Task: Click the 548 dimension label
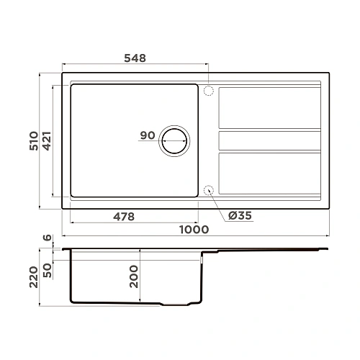tap(135, 58)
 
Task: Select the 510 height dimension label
tap(34, 141)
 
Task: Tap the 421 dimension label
tap(47, 141)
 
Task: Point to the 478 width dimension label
tap(124, 217)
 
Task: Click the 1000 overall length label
tap(194, 230)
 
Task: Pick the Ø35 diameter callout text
tap(240, 215)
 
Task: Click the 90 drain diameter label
tap(148, 135)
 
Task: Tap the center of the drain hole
tap(174, 141)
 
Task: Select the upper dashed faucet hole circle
tap(209, 91)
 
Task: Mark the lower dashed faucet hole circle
tap(209, 190)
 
